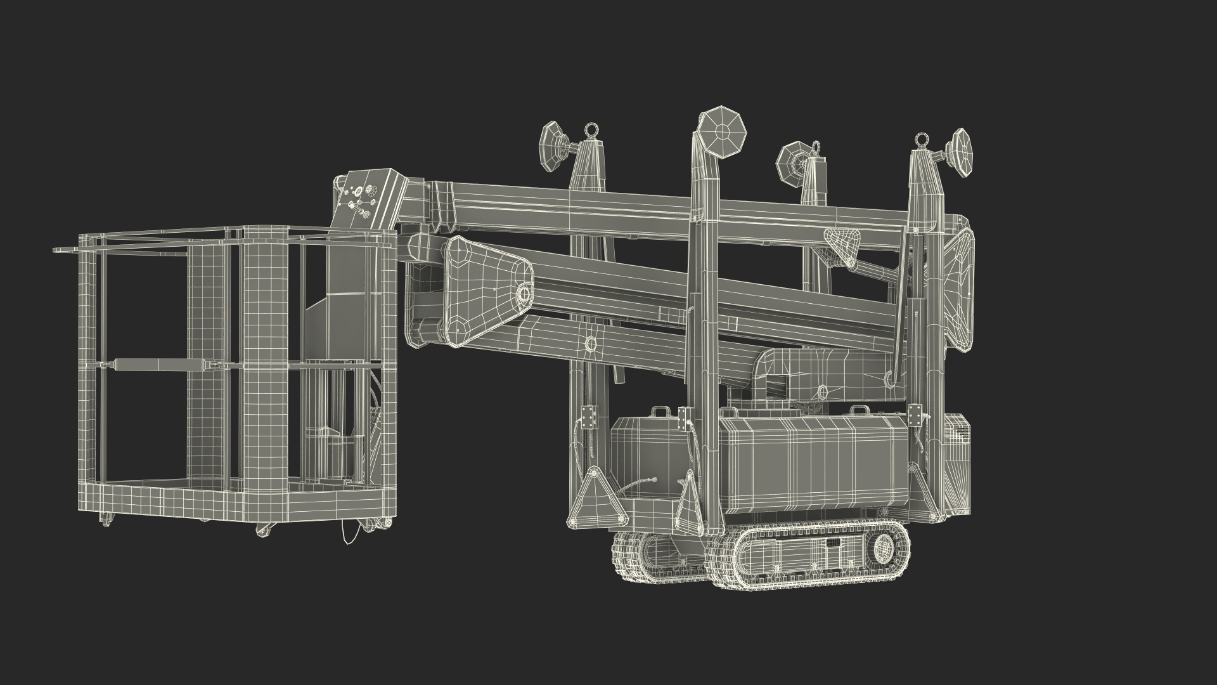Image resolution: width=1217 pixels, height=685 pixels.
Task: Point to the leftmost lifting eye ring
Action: pos(593,130)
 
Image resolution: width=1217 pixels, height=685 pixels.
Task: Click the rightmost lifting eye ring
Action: pos(920,140)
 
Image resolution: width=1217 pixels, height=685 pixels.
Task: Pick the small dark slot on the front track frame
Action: pos(832,542)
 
